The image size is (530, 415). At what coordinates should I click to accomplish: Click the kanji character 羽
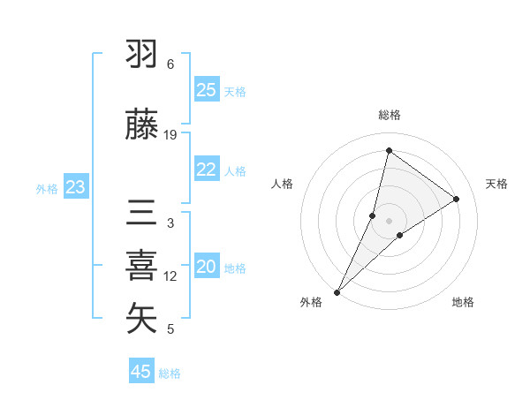141,55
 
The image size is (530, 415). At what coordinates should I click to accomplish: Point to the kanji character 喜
141,266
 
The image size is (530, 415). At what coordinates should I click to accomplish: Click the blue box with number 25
207,90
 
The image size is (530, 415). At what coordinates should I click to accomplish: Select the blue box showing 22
207,170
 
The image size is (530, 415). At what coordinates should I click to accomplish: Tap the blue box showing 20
207,268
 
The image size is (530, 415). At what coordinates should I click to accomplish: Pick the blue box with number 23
76,187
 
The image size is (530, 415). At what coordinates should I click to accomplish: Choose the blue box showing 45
141,372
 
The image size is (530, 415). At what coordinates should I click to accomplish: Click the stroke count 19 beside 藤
170,135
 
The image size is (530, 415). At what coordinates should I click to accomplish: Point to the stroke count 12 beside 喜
170,276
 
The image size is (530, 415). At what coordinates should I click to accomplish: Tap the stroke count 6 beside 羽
170,64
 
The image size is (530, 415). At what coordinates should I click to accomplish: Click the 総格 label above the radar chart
390,115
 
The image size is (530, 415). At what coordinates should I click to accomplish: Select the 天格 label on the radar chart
496,184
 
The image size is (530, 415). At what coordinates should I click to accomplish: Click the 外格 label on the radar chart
311,302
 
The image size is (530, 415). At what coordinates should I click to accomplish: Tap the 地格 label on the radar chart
463,302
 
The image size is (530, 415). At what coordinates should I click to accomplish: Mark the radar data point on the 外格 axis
337,291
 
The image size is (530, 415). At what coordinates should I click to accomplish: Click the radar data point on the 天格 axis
457,199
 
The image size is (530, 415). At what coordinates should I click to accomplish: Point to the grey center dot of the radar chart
390,220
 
